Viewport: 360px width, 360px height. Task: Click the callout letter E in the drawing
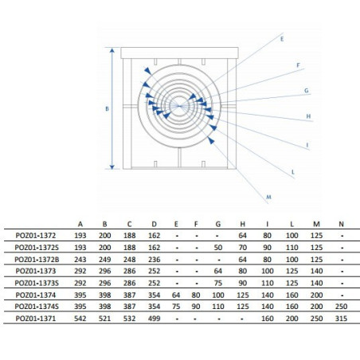click(282, 39)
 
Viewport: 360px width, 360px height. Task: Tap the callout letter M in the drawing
click(268, 197)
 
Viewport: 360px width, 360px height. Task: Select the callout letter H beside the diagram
click(308, 116)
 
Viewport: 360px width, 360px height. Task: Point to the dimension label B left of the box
click(107, 108)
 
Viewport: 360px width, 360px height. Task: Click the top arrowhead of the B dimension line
click(112, 50)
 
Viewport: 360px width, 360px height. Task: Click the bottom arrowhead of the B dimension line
click(112, 166)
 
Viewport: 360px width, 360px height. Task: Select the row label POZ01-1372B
click(37, 260)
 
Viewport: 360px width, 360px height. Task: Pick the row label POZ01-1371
click(36, 319)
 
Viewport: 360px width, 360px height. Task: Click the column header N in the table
click(341, 224)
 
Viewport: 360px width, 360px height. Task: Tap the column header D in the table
click(155, 224)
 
